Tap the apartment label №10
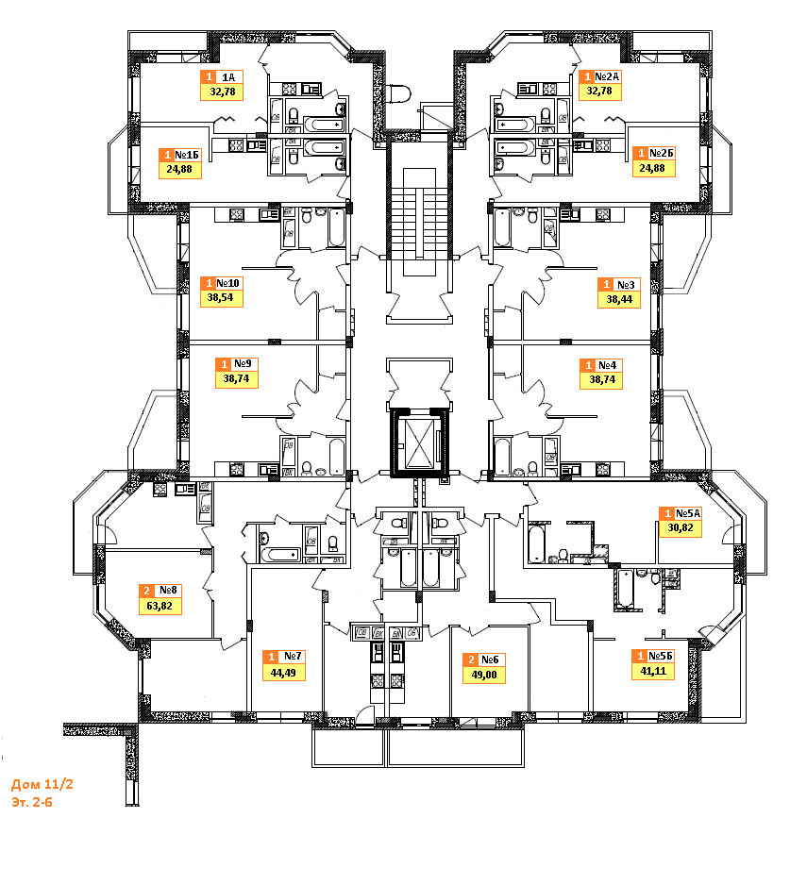click(229, 282)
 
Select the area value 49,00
click(482, 676)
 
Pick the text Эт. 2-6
click(35, 801)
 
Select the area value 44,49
click(281, 673)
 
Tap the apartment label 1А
click(229, 77)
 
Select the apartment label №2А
click(605, 77)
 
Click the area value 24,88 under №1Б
click(179, 171)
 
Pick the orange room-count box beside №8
click(146, 592)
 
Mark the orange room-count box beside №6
click(470, 660)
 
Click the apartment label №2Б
click(660, 154)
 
